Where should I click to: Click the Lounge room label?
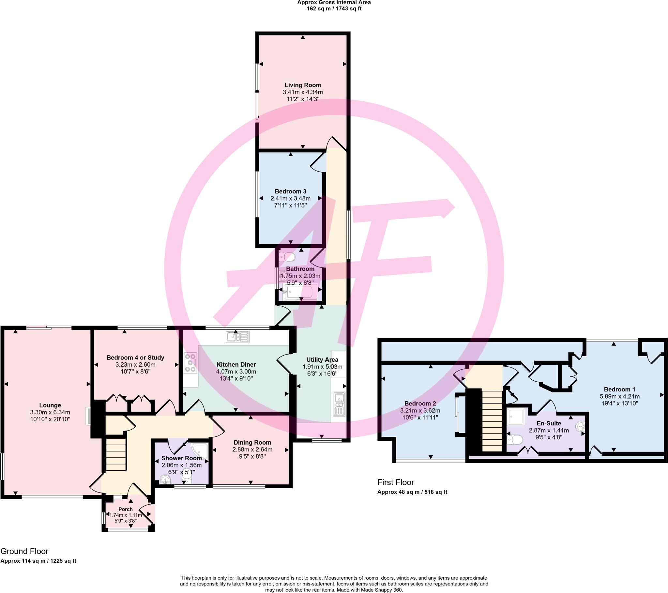coord(50,405)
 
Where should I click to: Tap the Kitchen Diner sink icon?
coord(237,337)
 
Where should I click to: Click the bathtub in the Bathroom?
coord(300,291)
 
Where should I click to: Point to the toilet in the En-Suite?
coord(515,440)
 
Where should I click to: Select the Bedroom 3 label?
coord(290,191)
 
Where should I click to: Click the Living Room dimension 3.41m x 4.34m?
coord(303,92)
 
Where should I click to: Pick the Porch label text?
coord(126,509)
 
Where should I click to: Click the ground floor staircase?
coord(115,454)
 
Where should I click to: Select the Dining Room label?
coord(252,442)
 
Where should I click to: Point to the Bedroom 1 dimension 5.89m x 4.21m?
coord(619,396)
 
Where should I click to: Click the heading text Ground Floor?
coord(24,551)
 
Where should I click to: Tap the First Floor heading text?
coord(395,482)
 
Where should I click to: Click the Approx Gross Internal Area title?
coord(334,3)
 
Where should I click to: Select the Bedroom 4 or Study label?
coord(135,357)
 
